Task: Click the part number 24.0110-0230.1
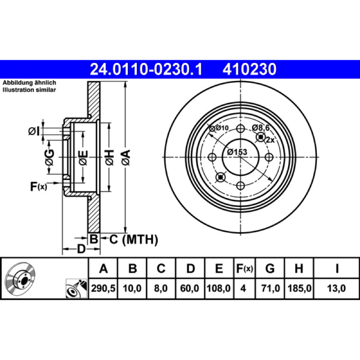point(146,69)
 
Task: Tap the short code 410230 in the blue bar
point(249,69)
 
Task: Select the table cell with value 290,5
point(103,288)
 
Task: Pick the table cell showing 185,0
point(299,288)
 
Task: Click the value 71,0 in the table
point(270,288)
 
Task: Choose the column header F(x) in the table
point(244,268)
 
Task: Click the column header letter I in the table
point(337,268)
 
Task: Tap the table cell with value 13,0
point(336,288)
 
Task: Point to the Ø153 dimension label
point(237,152)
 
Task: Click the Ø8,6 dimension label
point(261,128)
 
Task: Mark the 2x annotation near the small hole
point(270,139)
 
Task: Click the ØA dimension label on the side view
point(126,157)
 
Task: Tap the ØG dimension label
point(49,157)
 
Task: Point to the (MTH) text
point(140,240)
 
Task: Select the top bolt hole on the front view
point(240,129)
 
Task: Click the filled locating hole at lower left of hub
point(221,177)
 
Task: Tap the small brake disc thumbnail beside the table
point(20,278)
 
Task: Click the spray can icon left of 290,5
point(76,288)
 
